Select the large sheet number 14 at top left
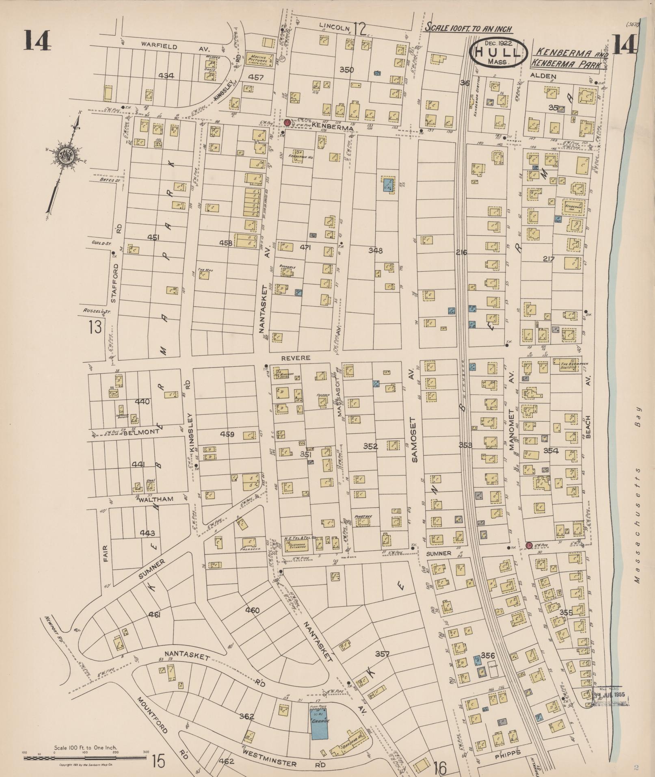[37, 41]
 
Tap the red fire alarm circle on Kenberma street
[288, 122]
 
